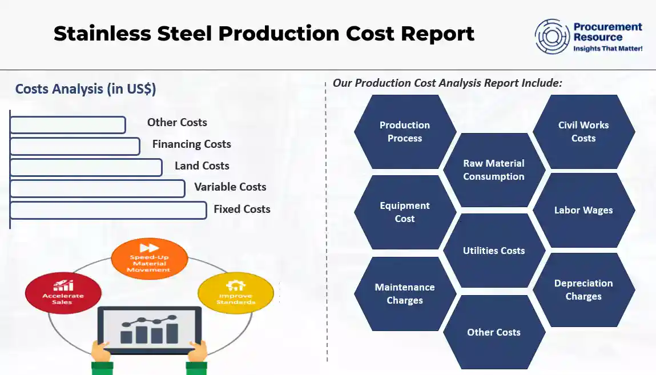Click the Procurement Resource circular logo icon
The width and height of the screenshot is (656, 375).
(553, 36)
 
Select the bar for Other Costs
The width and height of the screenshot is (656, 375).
(68, 125)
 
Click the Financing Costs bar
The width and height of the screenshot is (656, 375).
(75, 146)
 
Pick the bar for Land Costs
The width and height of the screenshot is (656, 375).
(86, 167)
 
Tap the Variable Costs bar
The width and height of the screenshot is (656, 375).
(98, 188)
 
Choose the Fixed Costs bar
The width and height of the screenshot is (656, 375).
(108, 210)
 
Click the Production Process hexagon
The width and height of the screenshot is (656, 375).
(405, 132)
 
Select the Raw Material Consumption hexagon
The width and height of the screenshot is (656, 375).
(494, 170)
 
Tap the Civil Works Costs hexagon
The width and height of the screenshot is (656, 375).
(583, 132)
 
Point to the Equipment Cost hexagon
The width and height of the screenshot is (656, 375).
(405, 212)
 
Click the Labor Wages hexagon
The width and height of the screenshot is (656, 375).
(583, 210)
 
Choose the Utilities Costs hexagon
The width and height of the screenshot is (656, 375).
(494, 251)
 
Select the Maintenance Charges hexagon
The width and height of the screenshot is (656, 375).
(405, 294)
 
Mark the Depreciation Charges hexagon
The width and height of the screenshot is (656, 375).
(583, 290)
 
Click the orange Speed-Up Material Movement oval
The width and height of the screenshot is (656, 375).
(149, 259)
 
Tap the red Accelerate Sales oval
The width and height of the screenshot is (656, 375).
(63, 292)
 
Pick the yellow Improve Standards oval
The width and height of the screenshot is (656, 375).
(236, 292)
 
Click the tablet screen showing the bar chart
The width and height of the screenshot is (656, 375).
(149, 329)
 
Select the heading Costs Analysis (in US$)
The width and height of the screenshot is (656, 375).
(86, 89)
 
